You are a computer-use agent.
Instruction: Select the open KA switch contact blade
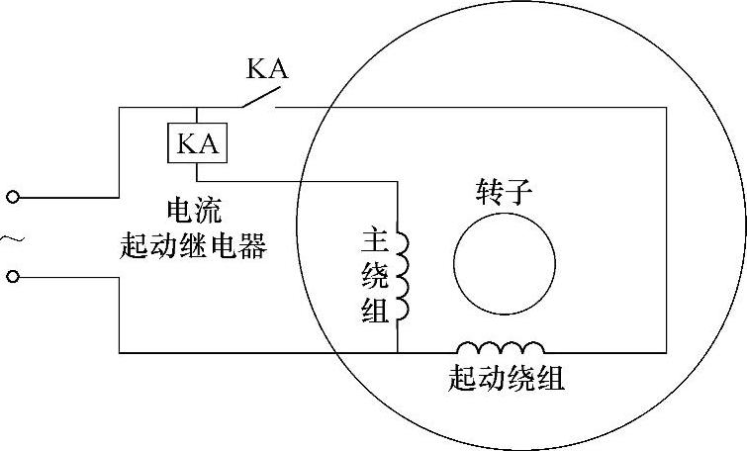[x=257, y=97]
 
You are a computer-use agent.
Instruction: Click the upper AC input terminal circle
[x=13, y=198]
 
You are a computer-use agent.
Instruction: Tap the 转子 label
[x=505, y=192]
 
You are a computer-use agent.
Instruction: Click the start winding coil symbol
[x=500, y=348]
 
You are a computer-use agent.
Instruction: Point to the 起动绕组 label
[x=507, y=380]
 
